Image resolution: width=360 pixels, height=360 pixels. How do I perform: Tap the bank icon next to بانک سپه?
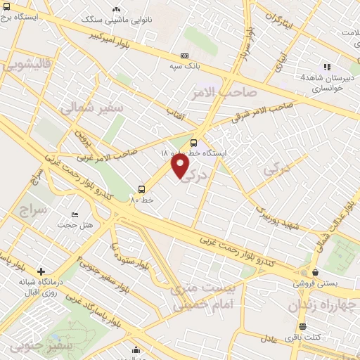(x=184, y=56)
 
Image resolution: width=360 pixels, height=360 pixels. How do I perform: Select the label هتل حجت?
(x=76, y=224)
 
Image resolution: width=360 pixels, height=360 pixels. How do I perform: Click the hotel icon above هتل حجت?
(x=75, y=214)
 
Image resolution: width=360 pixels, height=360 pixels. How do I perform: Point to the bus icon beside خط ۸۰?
(x=142, y=189)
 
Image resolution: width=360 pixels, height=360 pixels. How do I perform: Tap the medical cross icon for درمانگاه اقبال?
(x=41, y=271)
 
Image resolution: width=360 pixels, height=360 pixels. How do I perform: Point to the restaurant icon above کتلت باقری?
(x=302, y=327)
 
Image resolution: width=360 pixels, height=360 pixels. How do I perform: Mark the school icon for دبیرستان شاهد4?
(x=327, y=67)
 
